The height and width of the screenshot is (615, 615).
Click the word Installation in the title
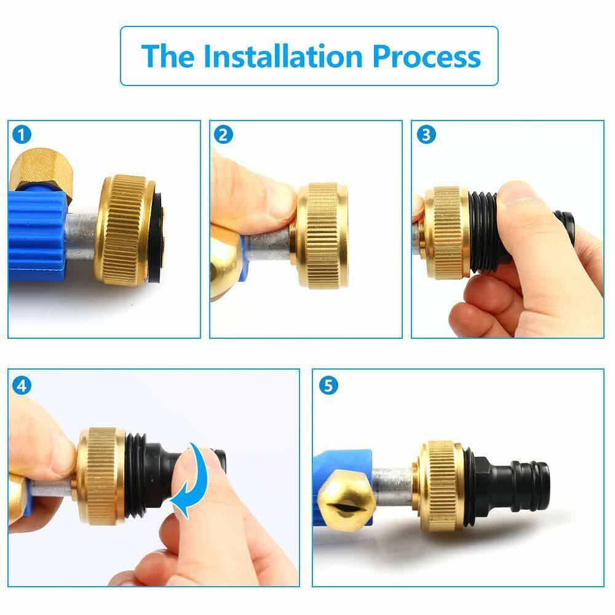[x=283, y=56]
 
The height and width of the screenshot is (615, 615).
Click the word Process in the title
[x=427, y=56]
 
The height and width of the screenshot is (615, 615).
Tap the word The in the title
[x=168, y=56]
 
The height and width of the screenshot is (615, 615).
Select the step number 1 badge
[x=22, y=135]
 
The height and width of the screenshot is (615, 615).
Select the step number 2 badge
[x=223, y=135]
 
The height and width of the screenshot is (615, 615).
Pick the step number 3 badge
[x=426, y=135]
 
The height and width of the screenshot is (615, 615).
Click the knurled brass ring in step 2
[x=322, y=236]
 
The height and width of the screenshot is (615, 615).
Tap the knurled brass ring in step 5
[x=442, y=486]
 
